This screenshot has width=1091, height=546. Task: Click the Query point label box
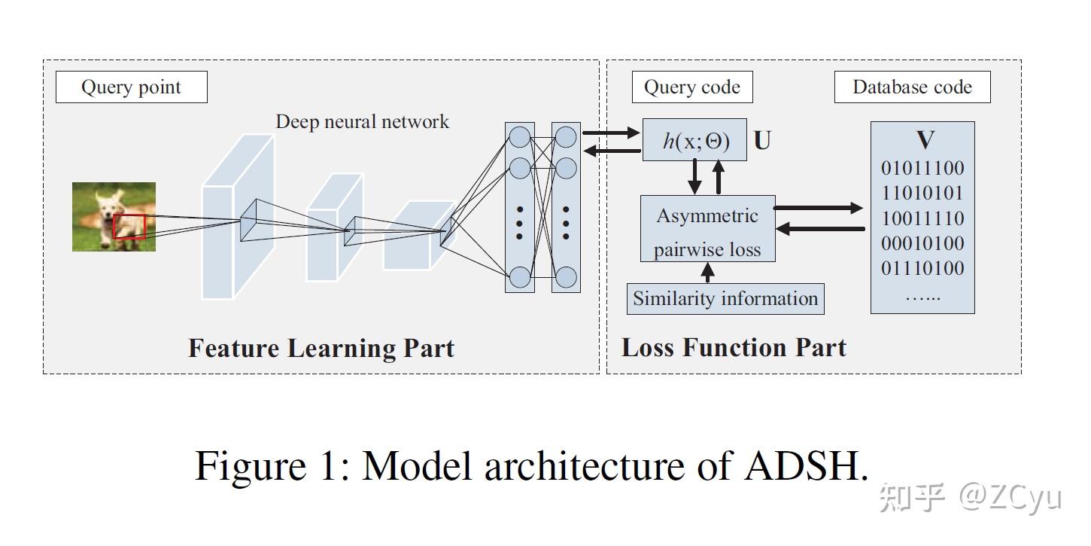pos(131,87)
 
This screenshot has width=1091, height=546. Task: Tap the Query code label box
pos(691,87)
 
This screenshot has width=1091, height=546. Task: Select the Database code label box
pos(912,87)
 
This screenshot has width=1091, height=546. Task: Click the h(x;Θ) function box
pos(694,140)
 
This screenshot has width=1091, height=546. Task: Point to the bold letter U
pos(762,141)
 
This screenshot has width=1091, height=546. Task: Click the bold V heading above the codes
pos(925,140)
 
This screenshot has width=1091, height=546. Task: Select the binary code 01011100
pos(922,167)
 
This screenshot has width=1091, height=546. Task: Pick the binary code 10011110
pos(922,218)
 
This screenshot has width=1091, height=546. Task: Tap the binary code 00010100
pos(922,243)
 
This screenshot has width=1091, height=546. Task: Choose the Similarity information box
pos(725,298)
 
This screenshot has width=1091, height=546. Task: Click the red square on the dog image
pos(129,227)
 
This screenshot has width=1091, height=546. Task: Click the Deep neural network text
pos(362,121)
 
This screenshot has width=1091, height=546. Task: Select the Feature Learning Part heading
pos(321,348)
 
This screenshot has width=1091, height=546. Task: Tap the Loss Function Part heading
pos(734,347)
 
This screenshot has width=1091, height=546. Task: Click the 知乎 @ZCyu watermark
pos(971,498)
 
